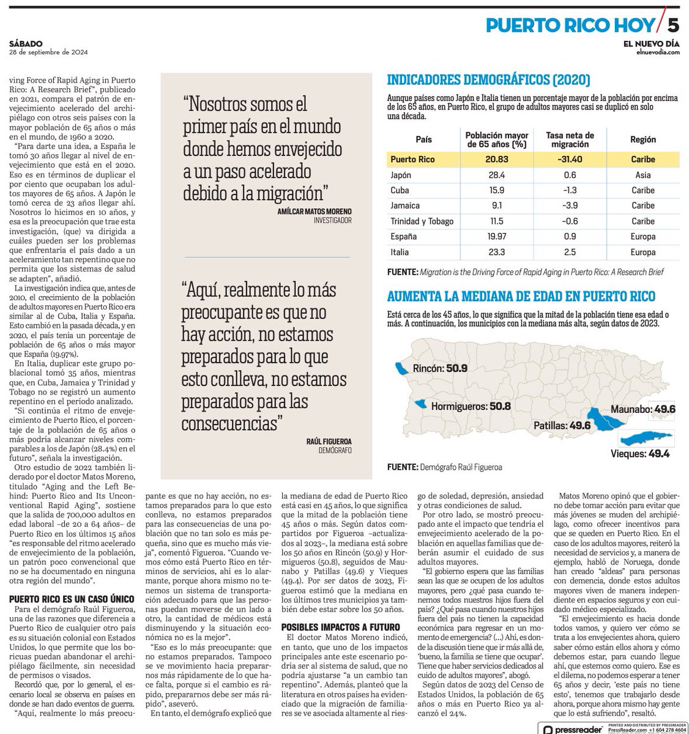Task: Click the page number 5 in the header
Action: click(x=672, y=25)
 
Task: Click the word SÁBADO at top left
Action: click(x=26, y=44)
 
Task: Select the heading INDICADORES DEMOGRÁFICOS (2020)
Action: click(x=489, y=80)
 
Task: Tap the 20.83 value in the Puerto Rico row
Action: click(x=496, y=159)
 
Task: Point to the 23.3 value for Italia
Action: click(x=496, y=252)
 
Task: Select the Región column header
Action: click(x=642, y=140)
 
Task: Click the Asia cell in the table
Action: click(x=642, y=175)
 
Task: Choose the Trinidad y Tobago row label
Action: click(x=419, y=221)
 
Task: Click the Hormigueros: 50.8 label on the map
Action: click(x=471, y=405)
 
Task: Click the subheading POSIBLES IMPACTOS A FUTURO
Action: click(x=340, y=628)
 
